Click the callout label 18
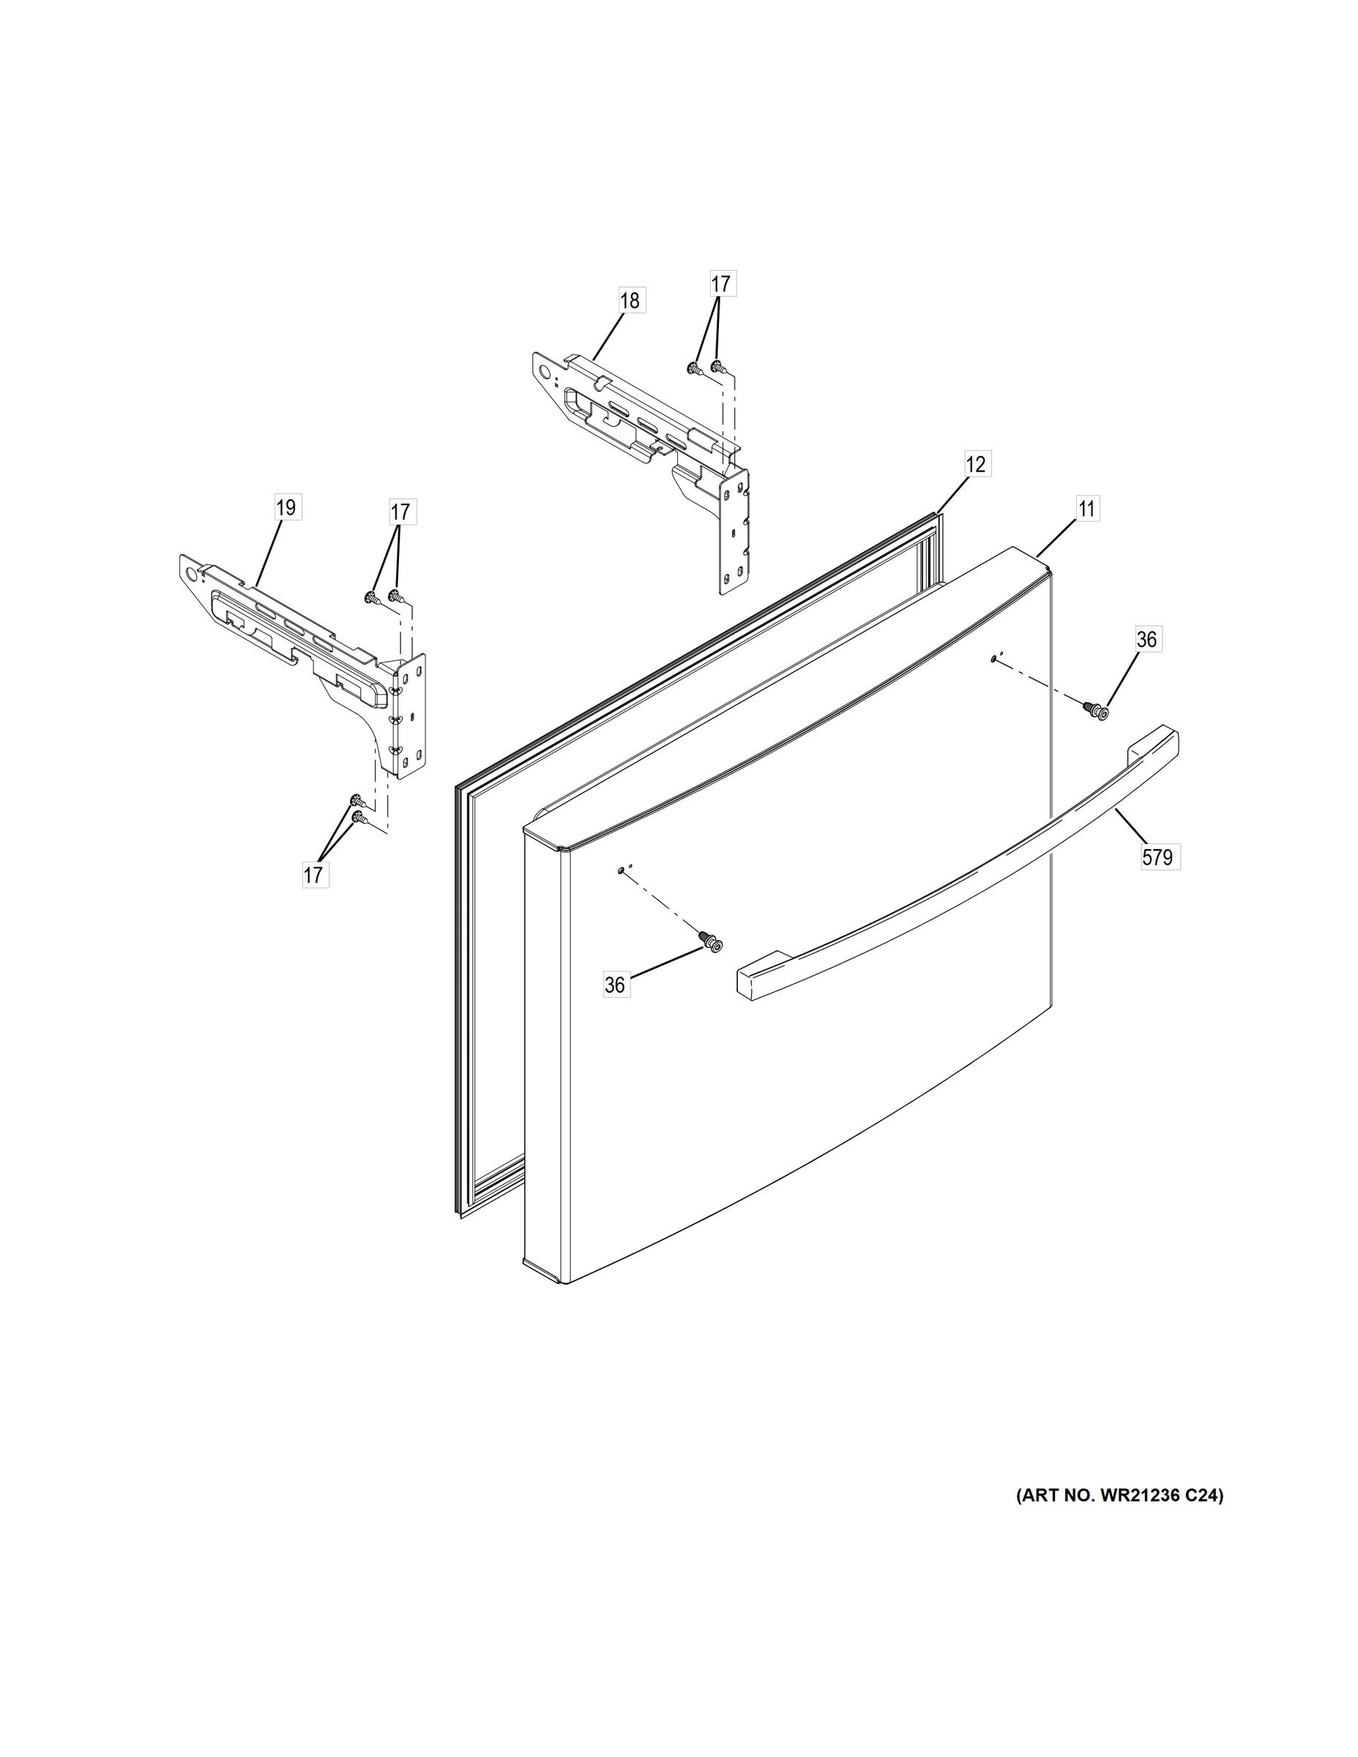(630, 300)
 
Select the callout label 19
(286, 507)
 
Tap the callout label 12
(975, 464)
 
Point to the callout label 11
(1086, 509)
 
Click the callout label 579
(1157, 857)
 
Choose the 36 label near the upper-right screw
(1146, 639)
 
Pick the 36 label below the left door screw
(615, 985)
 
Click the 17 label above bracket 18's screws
(721, 284)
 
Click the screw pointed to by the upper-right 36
(1096, 709)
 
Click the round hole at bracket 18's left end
(547, 373)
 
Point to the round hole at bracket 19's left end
(192, 572)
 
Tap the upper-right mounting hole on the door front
(994, 659)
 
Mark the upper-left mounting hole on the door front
(621, 870)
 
